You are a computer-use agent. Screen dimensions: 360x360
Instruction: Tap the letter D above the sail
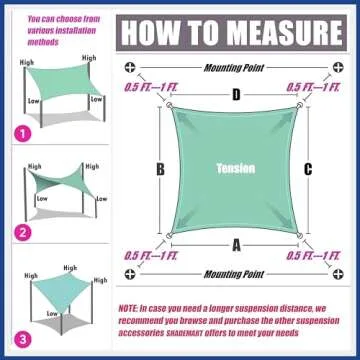coord(237,96)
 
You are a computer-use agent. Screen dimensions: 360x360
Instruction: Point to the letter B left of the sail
coord(159,169)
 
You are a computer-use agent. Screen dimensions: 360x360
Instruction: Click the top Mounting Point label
coord(236,69)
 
